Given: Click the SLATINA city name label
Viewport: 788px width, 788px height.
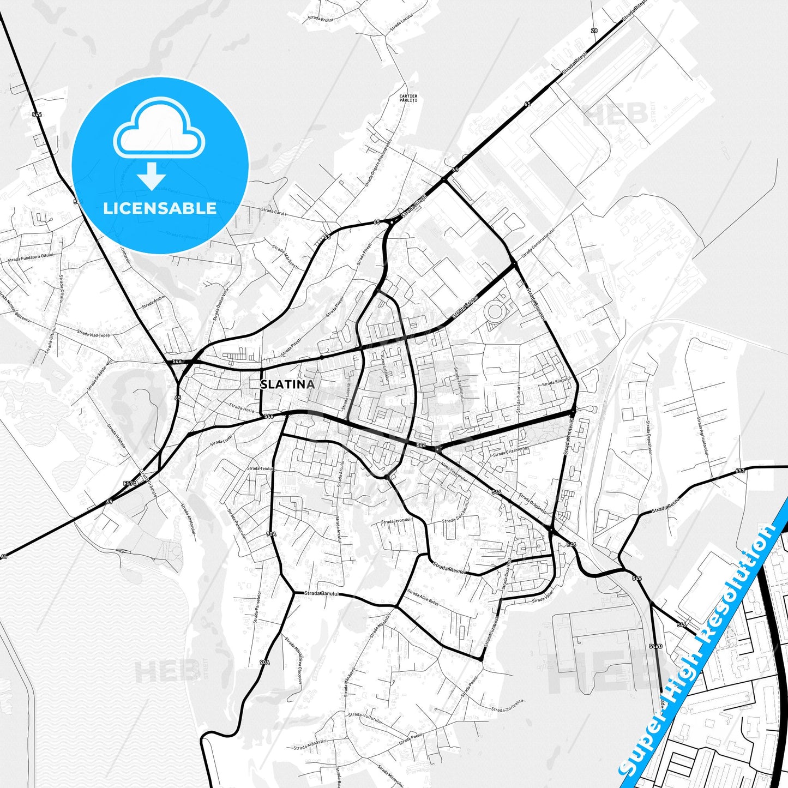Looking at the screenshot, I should tap(287, 384).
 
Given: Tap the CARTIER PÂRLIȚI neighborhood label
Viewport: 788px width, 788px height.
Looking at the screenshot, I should tap(408, 98).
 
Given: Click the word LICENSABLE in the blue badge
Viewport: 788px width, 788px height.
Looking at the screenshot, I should tap(160, 208).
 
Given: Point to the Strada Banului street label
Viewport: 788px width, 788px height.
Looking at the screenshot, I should tap(322, 593).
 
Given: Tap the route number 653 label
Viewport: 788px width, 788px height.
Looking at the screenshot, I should tap(739, 471).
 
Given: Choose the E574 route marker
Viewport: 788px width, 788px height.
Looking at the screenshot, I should tap(130, 483).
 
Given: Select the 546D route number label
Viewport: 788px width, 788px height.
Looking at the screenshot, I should tap(655, 646).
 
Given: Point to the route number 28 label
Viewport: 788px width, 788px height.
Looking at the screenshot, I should tap(594, 31).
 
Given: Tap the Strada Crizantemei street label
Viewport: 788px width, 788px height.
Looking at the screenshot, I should tap(511, 451).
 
